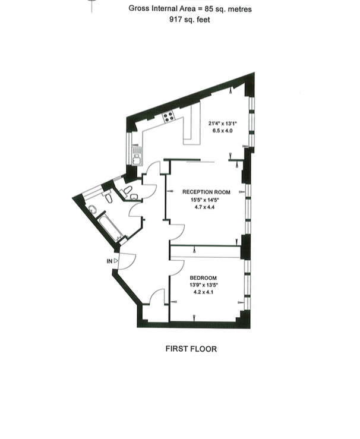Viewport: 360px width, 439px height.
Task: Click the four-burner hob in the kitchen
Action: [x=169, y=116]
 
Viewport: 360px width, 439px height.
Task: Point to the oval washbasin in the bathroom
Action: [x=92, y=209]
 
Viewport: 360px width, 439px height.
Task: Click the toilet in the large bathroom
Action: [x=108, y=198]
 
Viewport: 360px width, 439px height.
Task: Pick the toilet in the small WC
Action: [x=128, y=190]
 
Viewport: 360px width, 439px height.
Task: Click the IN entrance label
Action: [x=109, y=261]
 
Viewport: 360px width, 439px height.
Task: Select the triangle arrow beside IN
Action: [x=116, y=261]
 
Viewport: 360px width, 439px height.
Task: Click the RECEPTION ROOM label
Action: [x=206, y=192]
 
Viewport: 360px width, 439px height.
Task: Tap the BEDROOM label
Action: [x=203, y=278]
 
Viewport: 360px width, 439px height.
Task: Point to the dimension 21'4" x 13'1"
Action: [x=223, y=123]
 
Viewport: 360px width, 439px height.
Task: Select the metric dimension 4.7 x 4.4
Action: [x=204, y=207]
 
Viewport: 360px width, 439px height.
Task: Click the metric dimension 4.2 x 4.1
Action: [x=203, y=292]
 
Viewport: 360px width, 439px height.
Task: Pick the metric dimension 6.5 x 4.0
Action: [x=223, y=131]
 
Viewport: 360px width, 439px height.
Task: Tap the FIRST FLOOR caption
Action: [x=191, y=349]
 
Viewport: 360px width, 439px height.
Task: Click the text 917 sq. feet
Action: [x=190, y=20]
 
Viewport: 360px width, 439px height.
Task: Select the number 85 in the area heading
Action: [x=209, y=9]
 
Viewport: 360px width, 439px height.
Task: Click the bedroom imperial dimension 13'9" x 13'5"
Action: [x=203, y=285]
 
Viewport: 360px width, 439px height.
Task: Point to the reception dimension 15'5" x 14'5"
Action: [x=204, y=200]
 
